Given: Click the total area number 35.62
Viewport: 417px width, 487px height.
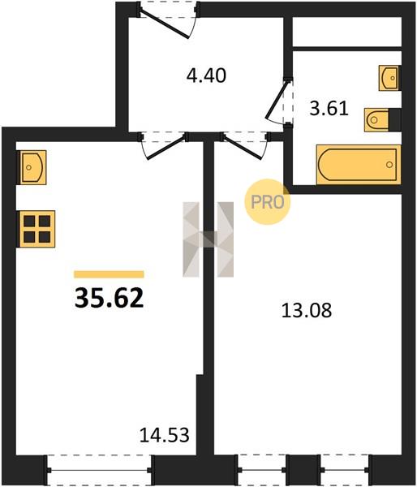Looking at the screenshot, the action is tap(109, 298).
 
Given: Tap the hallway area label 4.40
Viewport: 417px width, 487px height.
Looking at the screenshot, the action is tap(206, 75).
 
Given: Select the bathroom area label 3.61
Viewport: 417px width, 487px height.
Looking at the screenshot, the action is tap(329, 109).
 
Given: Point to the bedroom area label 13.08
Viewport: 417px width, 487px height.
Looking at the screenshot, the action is tap(307, 310).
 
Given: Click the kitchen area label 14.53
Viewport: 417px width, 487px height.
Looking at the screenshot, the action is tap(164, 435).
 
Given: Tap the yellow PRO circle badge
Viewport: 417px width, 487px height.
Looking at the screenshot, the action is tap(267, 202).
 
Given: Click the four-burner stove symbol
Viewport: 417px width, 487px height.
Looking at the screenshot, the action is tap(37, 229).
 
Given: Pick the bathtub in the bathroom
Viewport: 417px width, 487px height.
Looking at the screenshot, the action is tap(359, 165).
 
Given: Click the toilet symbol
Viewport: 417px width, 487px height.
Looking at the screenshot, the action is tap(376, 119).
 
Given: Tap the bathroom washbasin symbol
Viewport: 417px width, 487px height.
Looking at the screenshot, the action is tap(389, 78).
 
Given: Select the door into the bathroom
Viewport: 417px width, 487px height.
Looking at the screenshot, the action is tap(279, 101).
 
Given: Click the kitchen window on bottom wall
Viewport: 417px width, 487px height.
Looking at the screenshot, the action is tap(99, 470).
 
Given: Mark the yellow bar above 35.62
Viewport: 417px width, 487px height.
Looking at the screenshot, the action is tap(109, 274).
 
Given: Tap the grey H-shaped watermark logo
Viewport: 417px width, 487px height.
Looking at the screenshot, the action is tap(208, 239).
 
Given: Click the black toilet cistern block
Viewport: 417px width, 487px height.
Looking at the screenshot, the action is tap(395, 119).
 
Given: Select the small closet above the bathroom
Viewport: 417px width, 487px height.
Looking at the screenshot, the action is tap(347, 32).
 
